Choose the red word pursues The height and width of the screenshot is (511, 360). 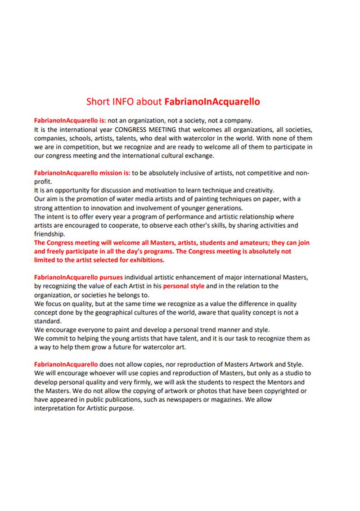(x=112, y=277)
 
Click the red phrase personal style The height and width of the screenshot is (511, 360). (x=184, y=286)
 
